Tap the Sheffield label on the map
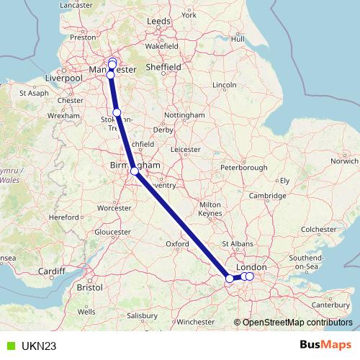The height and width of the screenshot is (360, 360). click(x=163, y=67)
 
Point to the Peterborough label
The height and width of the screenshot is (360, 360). click(x=244, y=168)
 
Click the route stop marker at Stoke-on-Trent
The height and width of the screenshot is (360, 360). click(x=117, y=112)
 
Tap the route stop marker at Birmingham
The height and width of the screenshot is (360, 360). click(x=135, y=171)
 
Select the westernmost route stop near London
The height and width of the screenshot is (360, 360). click(x=230, y=278)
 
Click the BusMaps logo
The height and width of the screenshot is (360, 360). click(x=325, y=346)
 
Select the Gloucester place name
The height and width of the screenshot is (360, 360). click(x=113, y=232)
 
